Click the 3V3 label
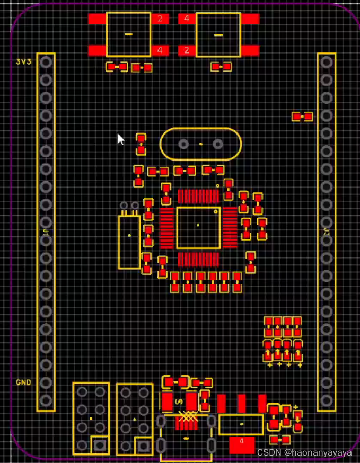click(x=23, y=61)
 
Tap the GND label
click(x=23, y=382)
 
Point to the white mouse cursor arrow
click(x=120, y=139)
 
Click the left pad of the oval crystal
click(x=183, y=144)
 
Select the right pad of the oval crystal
click(x=217, y=144)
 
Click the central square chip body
click(x=198, y=228)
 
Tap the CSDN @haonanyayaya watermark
click(x=304, y=452)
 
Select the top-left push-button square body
click(x=128, y=34)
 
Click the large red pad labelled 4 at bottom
click(x=242, y=443)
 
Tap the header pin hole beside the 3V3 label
click(x=46, y=62)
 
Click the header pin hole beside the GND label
click(x=46, y=382)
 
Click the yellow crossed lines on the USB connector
click(x=187, y=417)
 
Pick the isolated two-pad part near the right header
click(x=302, y=117)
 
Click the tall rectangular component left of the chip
click(x=129, y=242)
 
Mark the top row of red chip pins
click(x=198, y=197)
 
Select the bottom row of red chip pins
click(x=198, y=259)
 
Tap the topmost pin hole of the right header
click(x=327, y=62)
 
